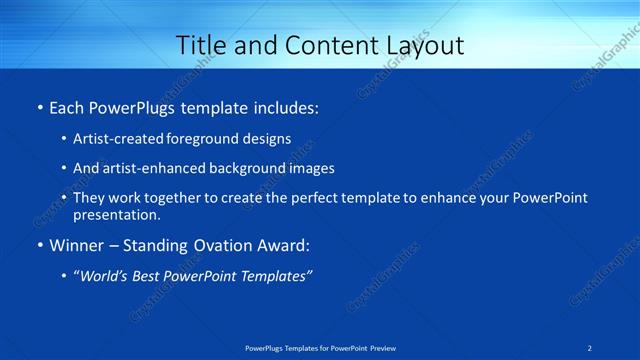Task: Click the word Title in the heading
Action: [x=199, y=46]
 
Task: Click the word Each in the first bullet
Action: [x=68, y=106]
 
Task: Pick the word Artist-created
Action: [x=114, y=139]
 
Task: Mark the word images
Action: [x=309, y=169]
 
